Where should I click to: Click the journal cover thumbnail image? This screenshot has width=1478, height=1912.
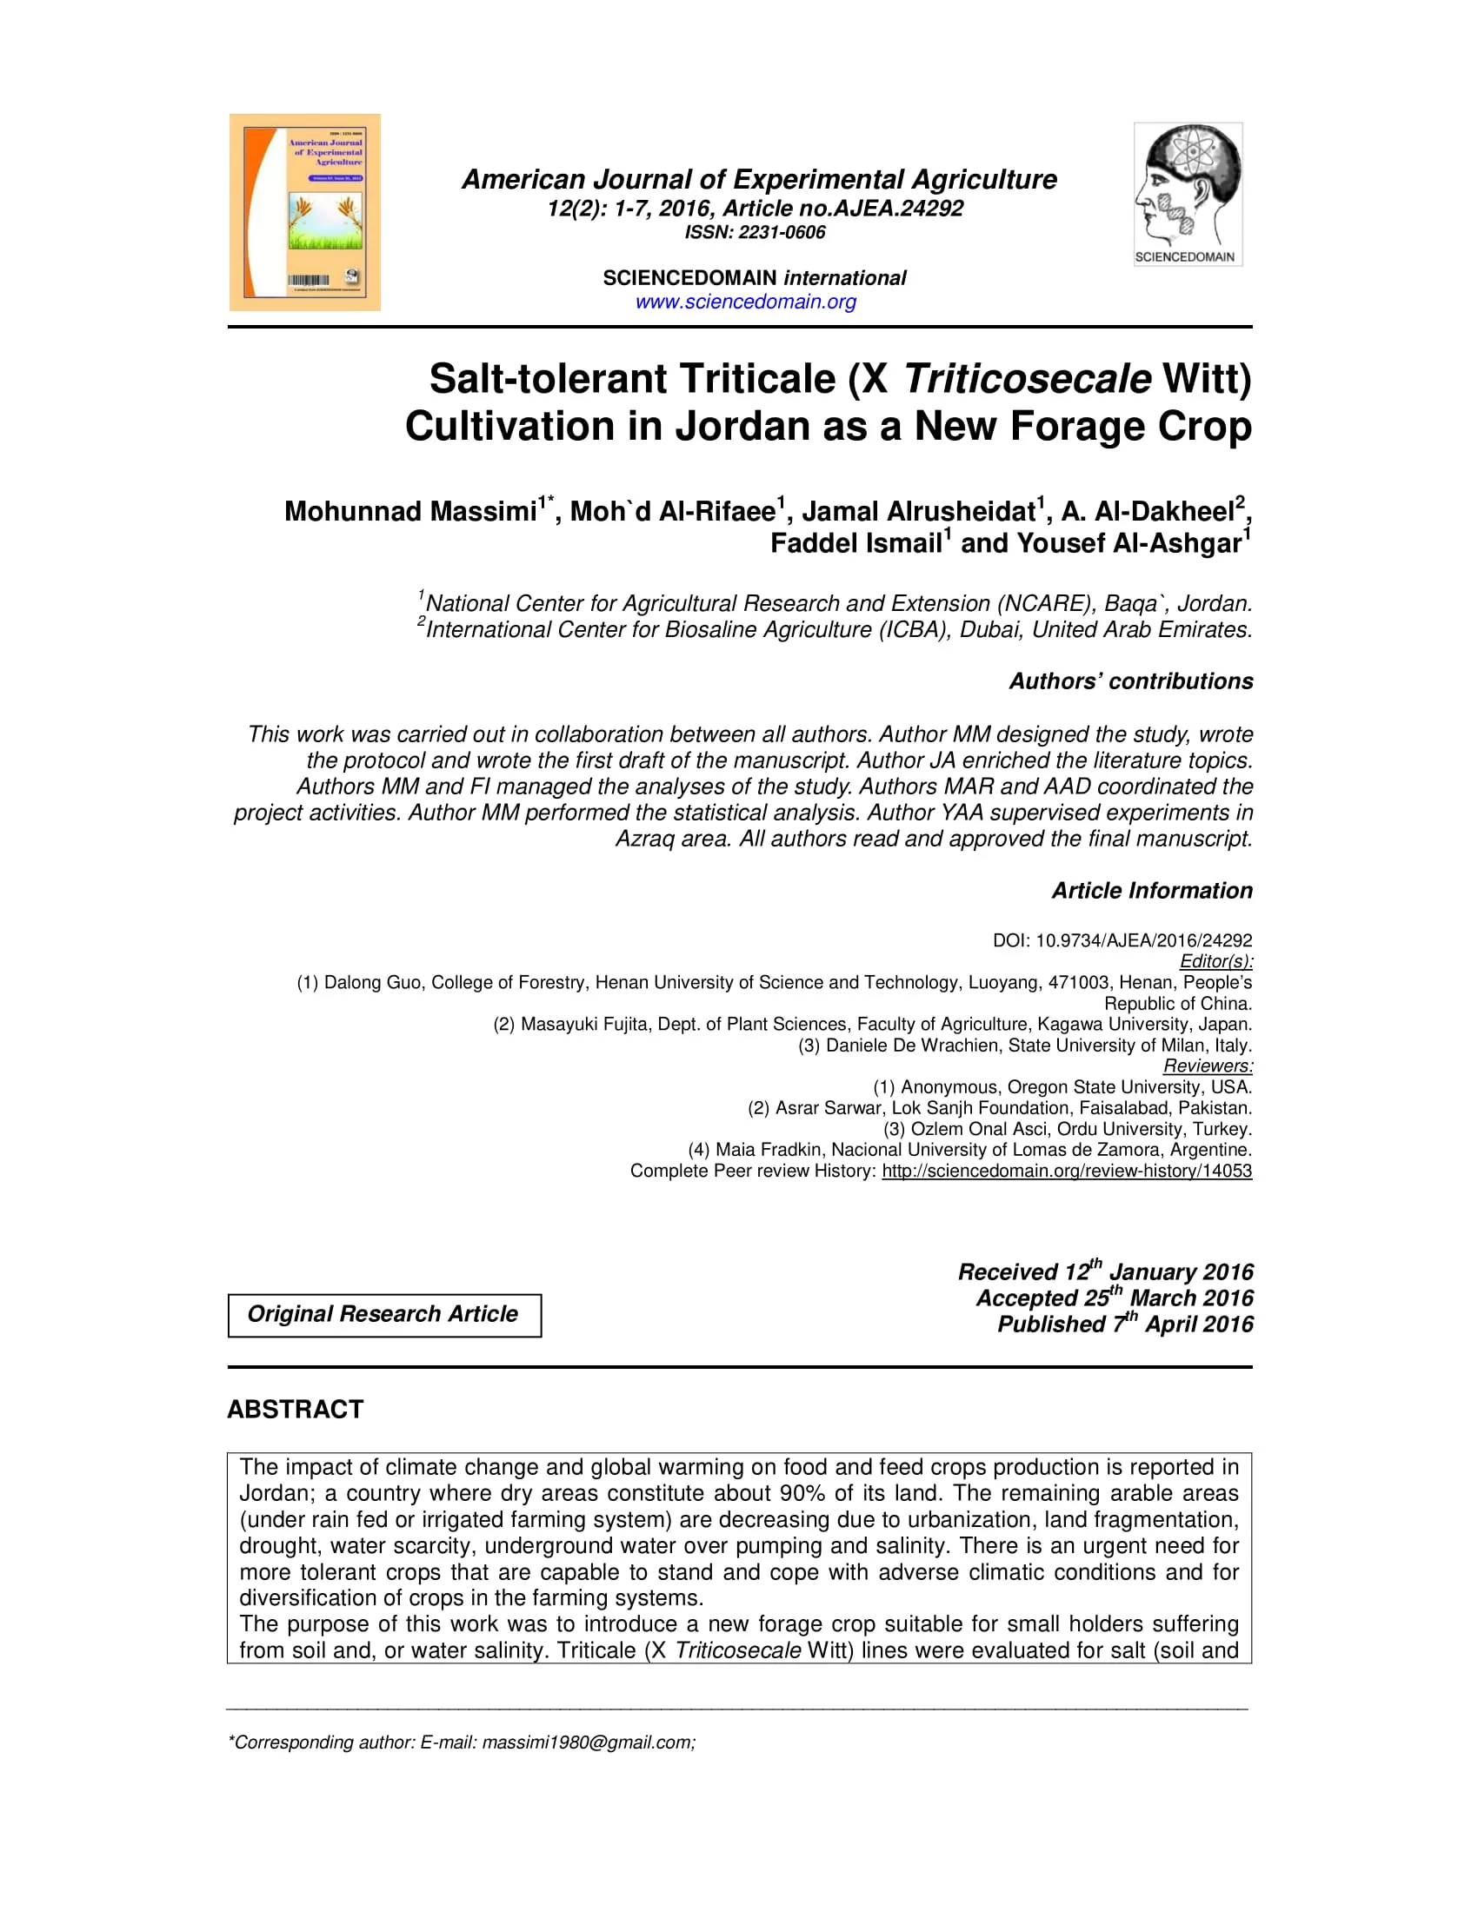(304, 212)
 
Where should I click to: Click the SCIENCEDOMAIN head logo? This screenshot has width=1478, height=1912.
(1188, 194)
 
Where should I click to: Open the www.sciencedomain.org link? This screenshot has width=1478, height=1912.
(745, 302)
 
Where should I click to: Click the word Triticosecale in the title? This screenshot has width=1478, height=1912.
(1026, 379)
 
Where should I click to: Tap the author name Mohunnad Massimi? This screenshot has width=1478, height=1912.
(409, 511)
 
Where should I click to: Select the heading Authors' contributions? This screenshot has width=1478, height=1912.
(1130, 681)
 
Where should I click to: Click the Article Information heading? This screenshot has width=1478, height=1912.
(1151, 890)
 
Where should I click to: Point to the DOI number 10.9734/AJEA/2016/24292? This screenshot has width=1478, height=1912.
(1143, 940)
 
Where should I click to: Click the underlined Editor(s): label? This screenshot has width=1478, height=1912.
(1215, 961)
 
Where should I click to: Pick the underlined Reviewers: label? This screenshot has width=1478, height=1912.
(1208, 1066)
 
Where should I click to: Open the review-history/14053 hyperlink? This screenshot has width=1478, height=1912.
(1067, 1171)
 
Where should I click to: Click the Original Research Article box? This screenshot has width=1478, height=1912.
(384, 1315)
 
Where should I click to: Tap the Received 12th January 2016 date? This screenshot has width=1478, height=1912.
(1105, 1272)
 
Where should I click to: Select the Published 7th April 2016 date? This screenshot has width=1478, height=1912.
(1125, 1324)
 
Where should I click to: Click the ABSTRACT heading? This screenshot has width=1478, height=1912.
(295, 1410)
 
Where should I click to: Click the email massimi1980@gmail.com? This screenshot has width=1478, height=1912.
(589, 1743)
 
